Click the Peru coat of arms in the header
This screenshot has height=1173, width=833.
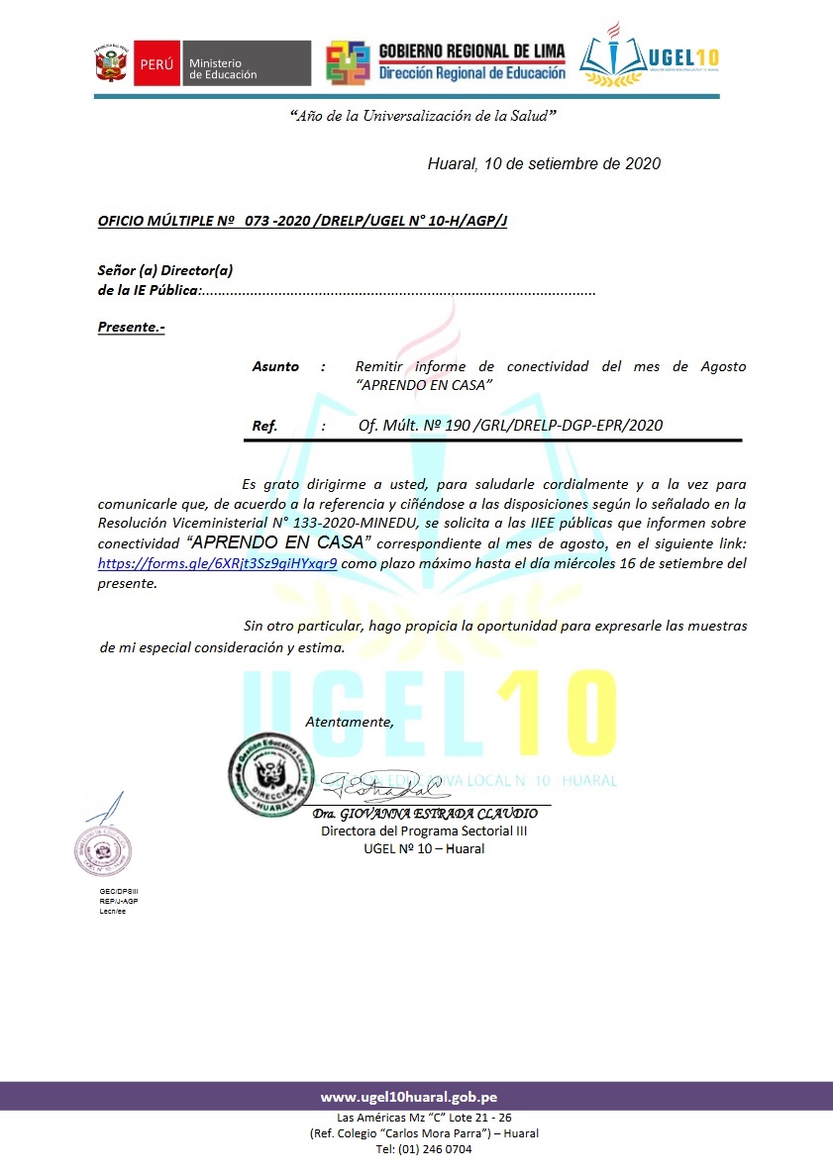click(x=111, y=64)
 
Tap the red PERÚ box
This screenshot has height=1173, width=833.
click(x=154, y=64)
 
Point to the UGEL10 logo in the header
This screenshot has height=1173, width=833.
click(x=650, y=57)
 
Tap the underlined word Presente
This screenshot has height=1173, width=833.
click(x=131, y=327)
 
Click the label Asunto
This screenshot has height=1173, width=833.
click(x=275, y=366)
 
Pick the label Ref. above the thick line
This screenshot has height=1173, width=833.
click(x=264, y=426)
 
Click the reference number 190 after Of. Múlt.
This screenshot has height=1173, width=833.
click(x=458, y=426)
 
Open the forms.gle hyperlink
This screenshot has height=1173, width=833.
click(x=217, y=563)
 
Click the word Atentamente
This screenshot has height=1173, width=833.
click(x=349, y=722)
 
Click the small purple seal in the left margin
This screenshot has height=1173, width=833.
click(x=103, y=849)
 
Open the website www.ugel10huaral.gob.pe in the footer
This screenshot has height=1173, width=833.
click(x=408, y=1097)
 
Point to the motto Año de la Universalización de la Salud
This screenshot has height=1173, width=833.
click(x=422, y=116)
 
